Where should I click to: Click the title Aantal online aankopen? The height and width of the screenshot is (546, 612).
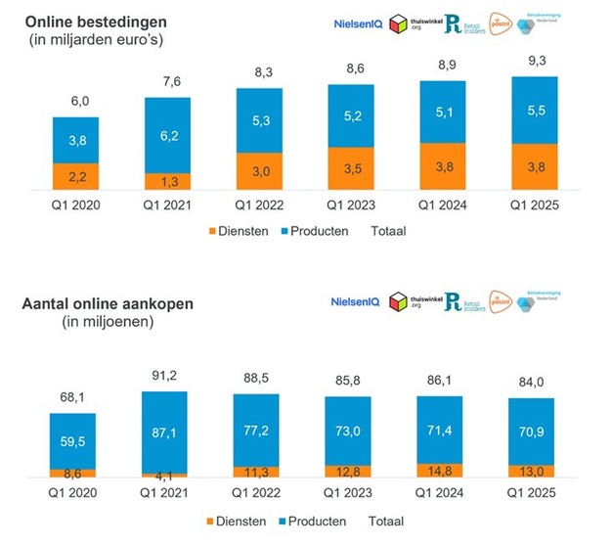pyautogui.click(x=108, y=303)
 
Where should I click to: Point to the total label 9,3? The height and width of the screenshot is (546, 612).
pyautogui.click(x=535, y=62)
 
